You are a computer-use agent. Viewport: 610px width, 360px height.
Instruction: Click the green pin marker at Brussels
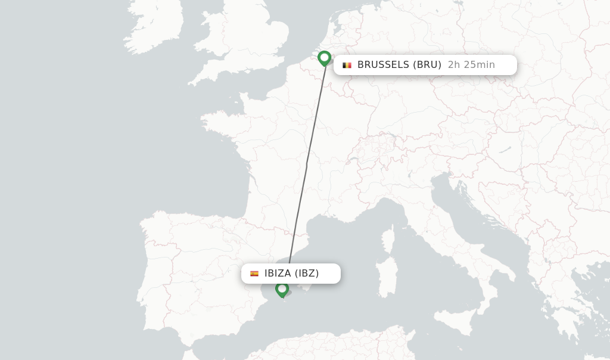pyautogui.click(x=324, y=58)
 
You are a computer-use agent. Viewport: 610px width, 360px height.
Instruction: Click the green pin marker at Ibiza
pyautogui.click(x=282, y=289)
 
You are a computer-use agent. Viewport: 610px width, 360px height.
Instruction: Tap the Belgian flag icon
pyautogui.click(x=347, y=65)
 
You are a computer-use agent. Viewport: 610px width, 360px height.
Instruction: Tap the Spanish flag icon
pyautogui.click(x=254, y=274)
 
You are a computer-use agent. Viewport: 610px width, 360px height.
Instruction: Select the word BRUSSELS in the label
pyautogui.click(x=382, y=65)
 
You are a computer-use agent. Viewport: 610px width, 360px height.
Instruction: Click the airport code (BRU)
pyautogui.click(x=427, y=65)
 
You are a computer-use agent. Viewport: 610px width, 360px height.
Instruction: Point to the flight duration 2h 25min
pyautogui.click(x=471, y=65)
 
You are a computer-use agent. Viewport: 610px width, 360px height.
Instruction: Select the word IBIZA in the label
pyautogui.click(x=278, y=274)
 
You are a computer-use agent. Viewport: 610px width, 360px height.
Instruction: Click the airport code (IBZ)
pyautogui.click(x=307, y=274)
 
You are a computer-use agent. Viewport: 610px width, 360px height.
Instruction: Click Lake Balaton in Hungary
pyautogui.click(x=505, y=148)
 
